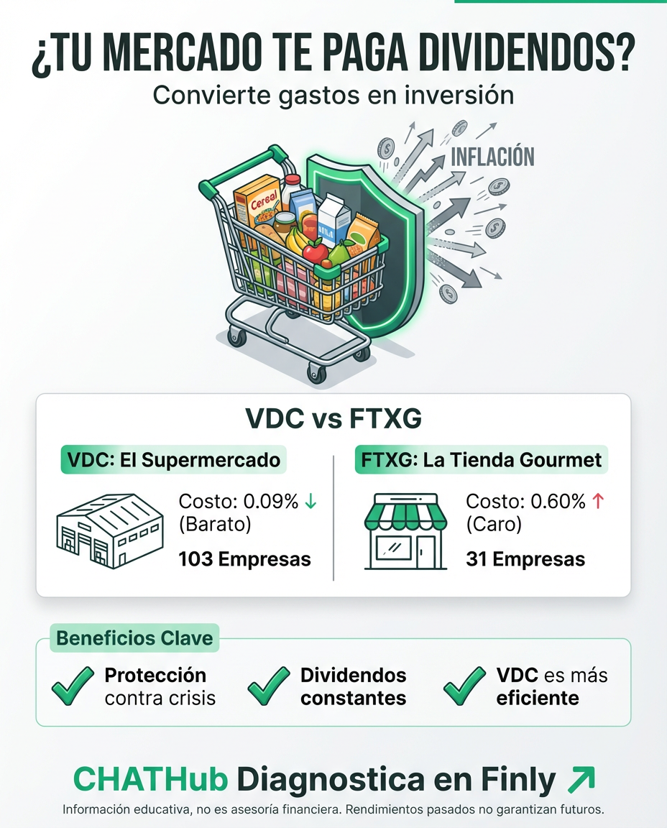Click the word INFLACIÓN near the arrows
pyautogui.click(x=492, y=156)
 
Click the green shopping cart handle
pyautogui.click(x=237, y=165)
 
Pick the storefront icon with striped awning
pyautogui.click(x=407, y=531)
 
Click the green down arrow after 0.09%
pyautogui.click(x=310, y=502)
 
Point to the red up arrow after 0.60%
pyautogui.click(x=597, y=502)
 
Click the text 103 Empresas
pyautogui.click(x=244, y=558)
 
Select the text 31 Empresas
pyautogui.click(x=525, y=558)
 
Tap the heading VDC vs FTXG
pyautogui.click(x=333, y=418)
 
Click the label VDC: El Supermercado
pyautogui.click(x=173, y=460)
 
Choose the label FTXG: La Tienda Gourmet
pyautogui.click(x=482, y=460)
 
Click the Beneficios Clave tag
pyautogui.click(x=134, y=638)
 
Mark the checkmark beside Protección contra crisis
pyautogui.click(x=73, y=686)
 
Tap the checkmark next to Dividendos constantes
pyautogui.click(x=269, y=686)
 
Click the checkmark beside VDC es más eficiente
pyautogui.click(x=464, y=686)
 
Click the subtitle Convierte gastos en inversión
pyautogui.click(x=333, y=95)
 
